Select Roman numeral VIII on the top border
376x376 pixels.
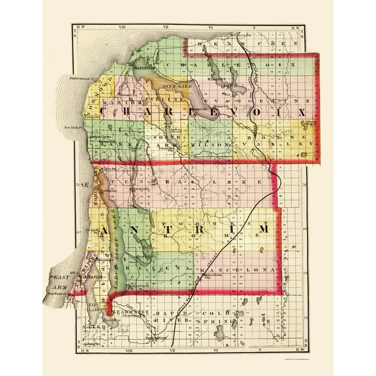120,28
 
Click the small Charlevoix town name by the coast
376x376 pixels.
143,65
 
